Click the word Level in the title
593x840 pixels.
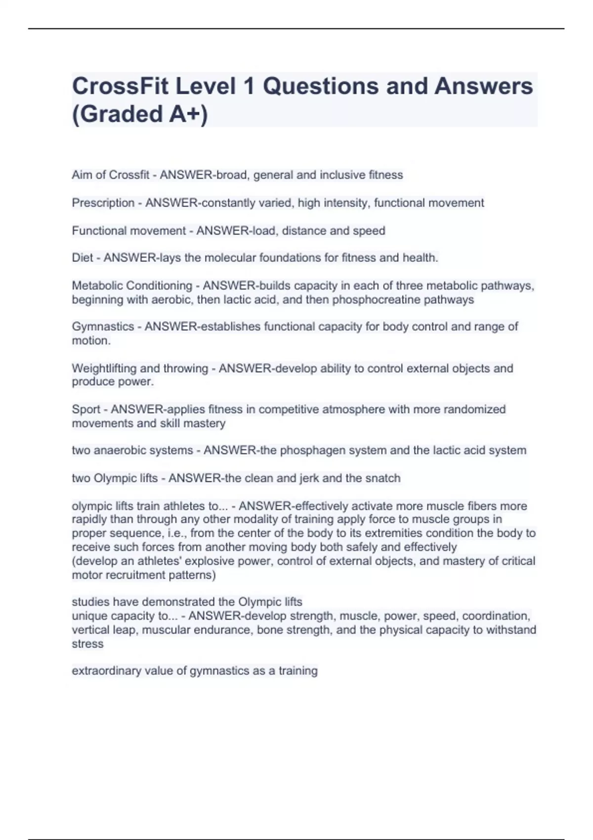tap(206, 86)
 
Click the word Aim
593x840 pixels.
tap(82, 175)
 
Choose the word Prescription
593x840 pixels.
tap(103, 203)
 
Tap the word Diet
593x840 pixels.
tap(83, 258)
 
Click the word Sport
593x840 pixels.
tap(86, 409)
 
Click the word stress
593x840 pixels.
tap(87, 644)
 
